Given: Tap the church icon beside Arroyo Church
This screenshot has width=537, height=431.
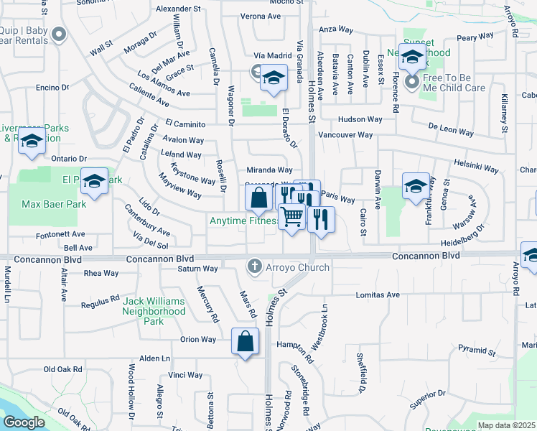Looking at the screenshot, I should click(253, 267).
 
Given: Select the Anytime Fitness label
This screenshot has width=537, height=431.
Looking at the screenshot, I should click(243, 221).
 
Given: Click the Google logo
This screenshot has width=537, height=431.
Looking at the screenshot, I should click(24, 422).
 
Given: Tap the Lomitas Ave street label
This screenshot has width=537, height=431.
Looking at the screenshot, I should click(378, 295).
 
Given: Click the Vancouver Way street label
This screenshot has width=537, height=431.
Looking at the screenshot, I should click(345, 135).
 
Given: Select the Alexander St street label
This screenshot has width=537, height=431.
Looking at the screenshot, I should click(178, 9).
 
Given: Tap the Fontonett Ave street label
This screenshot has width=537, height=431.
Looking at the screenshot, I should click(62, 233).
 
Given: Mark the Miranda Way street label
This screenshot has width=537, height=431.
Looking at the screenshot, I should click(269, 170).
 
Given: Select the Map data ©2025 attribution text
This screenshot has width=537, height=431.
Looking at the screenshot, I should click(507, 425).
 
